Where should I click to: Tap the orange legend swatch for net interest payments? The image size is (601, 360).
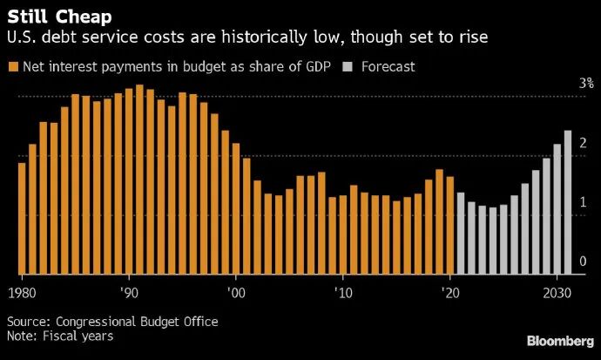click(12, 66)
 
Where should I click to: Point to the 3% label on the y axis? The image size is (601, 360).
click(587, 84)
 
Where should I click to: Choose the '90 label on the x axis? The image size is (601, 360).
click(129, 291)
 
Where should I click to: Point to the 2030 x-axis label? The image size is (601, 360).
click(557, 291)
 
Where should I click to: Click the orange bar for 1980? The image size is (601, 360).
click(22, 218)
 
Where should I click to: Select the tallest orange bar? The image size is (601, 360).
click(139, 179)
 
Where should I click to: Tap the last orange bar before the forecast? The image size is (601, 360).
click(449, 225)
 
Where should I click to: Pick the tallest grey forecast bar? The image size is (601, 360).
click(567, 201)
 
